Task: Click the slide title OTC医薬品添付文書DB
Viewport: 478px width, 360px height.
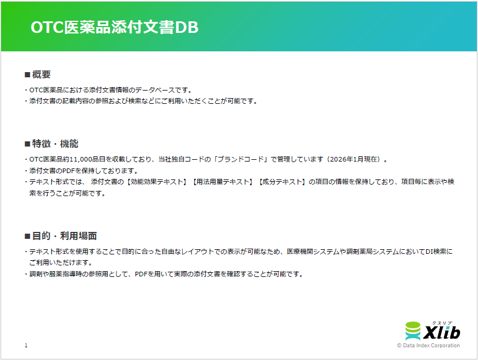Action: click(114, 28)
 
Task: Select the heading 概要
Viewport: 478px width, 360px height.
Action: click(42, 74)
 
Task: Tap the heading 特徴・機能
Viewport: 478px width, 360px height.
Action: click(55, 144)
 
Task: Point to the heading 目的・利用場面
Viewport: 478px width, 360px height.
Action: click(64, 236)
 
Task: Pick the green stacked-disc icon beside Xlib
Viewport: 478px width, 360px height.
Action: click(413, 331)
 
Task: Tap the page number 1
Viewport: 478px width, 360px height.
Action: click(26, 346)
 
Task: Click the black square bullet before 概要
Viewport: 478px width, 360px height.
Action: click(27, 75)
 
